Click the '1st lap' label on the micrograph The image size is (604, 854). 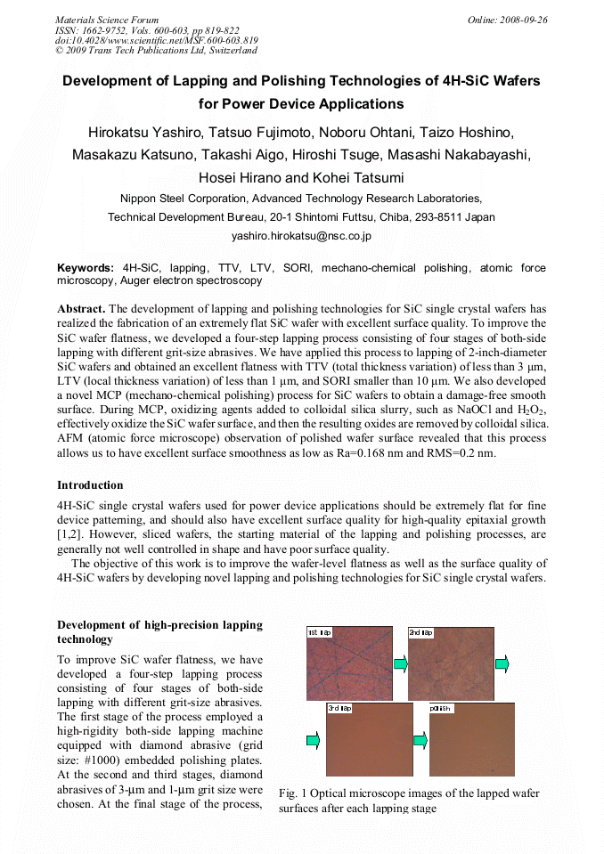[320, 631]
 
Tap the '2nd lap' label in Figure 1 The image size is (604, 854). [420, 631]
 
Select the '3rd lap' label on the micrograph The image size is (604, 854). [339, 708]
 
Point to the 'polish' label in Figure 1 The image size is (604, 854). [442, 708]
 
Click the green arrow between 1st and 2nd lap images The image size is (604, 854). [400, 663]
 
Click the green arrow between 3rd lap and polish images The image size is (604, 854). [420, 740]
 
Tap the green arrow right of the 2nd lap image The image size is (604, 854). [502, 663]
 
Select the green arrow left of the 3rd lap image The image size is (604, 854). [312, 740]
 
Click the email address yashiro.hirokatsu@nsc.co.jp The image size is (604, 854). [301, 236]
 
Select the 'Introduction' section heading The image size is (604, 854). [90, 485]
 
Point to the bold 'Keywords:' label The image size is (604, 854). [86, 267]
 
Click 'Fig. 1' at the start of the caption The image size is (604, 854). [293, 793]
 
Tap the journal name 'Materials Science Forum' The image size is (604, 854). [107, 20]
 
